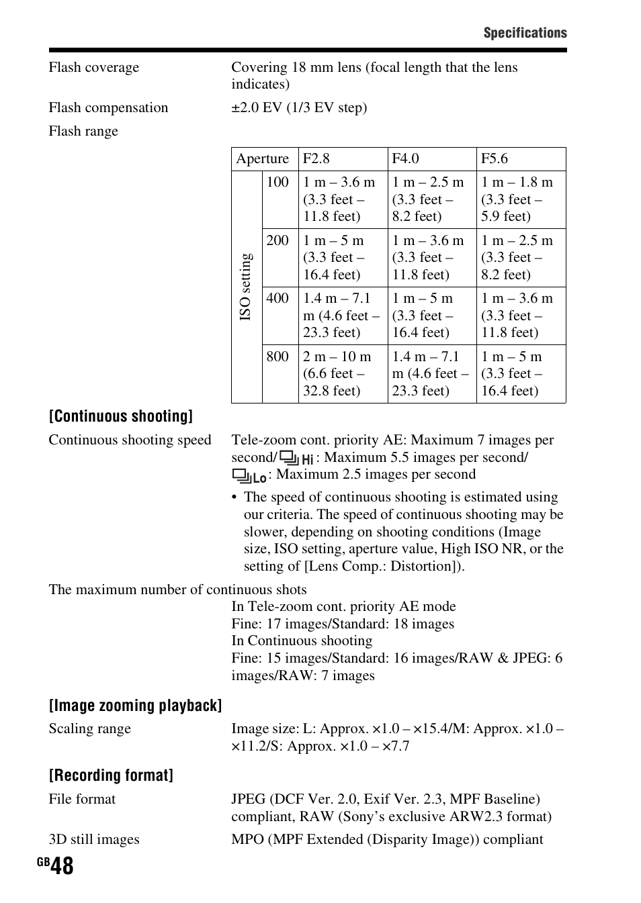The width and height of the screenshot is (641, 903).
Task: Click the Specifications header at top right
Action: click(525, 33)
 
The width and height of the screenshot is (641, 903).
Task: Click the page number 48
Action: click(62, 866)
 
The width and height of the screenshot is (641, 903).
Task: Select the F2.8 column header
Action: click(316, 158)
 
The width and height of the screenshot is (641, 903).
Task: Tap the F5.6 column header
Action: click(495, 158)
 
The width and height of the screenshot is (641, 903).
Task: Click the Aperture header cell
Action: click(263, 158)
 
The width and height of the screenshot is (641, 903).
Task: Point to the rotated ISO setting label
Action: click(246, 287)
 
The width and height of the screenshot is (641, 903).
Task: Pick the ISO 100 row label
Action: click(277, 182)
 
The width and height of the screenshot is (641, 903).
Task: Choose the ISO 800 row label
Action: click(277, 357)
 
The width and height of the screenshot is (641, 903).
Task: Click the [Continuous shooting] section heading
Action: click(121, 416)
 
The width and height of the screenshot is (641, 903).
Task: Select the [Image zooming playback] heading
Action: click(135, 706)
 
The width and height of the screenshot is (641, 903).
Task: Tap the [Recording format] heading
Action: click(111, 775)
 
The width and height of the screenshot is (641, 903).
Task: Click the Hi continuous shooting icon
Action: click(296, 459)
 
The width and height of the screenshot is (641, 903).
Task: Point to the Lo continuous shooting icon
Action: click(249, 476)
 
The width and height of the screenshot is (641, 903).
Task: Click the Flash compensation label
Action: click(108, 107)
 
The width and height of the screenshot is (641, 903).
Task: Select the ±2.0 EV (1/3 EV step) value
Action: click(299, 107)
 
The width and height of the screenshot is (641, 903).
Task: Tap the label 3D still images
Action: click(94, 839)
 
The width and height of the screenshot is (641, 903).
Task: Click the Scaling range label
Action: click(89, 728)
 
